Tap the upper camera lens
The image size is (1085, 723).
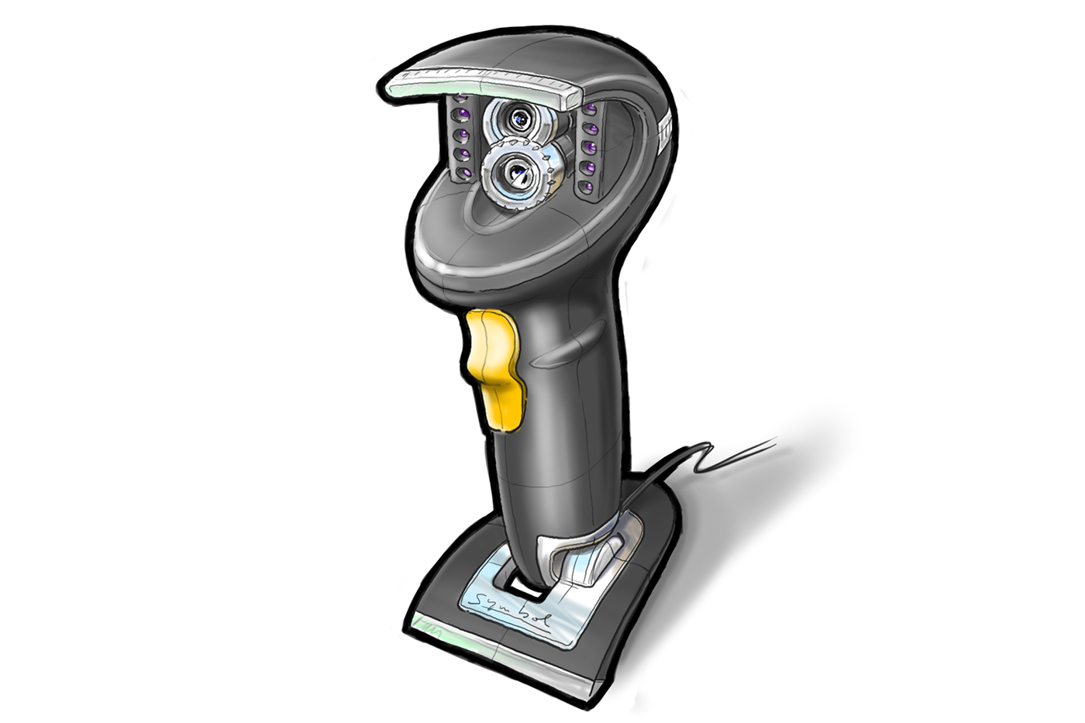[521, 119]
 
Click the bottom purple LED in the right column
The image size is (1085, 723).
[587, 188]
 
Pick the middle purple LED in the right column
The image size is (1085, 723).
[590, 147]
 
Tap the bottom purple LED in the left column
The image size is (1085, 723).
[464, 172]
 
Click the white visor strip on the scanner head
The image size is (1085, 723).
[480, 84]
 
